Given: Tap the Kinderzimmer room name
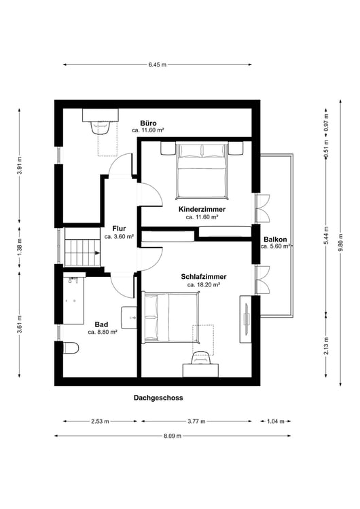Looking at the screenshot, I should tap(202, 209).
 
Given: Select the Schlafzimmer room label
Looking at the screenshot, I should tap(204, 277).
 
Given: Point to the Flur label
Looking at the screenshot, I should tap(118, 229).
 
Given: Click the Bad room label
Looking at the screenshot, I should tap(102, 324).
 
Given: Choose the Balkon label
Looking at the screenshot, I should tap(275, 239).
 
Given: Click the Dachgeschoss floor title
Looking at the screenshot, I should tap(158, 398).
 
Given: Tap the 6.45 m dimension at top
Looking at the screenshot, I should tap(157, 64).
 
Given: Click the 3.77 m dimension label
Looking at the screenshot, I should tap(198, 421).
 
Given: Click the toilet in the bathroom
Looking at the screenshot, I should tap(69, 348).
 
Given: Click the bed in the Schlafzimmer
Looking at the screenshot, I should tap(170, 317).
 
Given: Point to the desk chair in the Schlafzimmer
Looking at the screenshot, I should tap(200, 358).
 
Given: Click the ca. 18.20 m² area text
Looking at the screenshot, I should tap(204, 286).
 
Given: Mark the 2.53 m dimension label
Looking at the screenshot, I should tap(100, 421).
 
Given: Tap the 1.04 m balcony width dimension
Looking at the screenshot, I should tap(276, 421).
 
